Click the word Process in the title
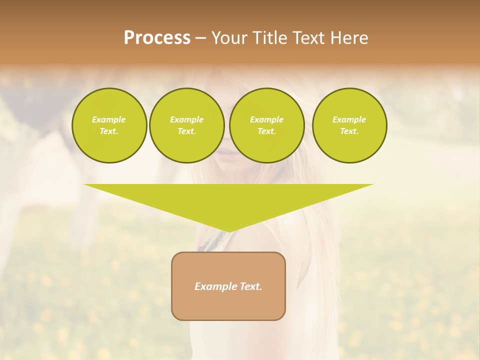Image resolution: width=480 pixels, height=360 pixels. (157, 38)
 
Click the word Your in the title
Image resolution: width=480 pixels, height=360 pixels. (229, 38)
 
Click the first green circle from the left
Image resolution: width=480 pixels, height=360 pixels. (109, 125)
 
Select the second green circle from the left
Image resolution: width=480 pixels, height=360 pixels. (187, 125)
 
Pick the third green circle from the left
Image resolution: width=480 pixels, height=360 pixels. (267, 125)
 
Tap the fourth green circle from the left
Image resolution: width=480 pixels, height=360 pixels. (349, 125)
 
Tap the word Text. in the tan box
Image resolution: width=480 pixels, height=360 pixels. (250, 286)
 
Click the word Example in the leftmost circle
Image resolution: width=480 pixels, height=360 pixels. (109, 119)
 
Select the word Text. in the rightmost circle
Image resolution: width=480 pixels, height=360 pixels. (349, 131)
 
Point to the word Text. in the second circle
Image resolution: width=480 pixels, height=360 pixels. (187, 131)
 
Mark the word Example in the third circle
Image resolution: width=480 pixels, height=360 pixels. (267, 119)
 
